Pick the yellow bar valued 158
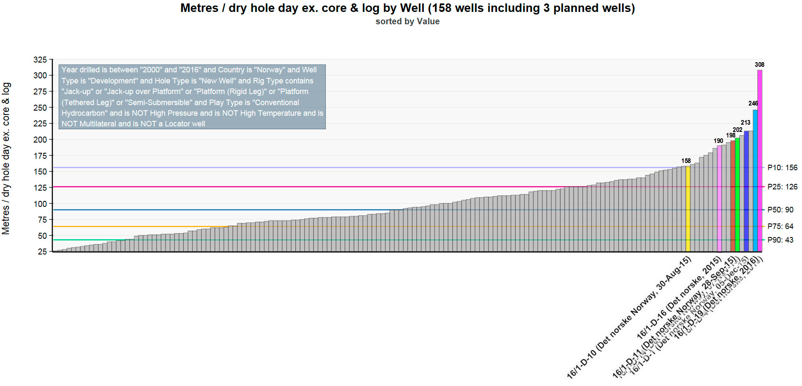pos(688,209)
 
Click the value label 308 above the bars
pos(759,65)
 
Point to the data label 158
pos(686,161)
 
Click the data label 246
pos(753,103)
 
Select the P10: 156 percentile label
pos(782,168)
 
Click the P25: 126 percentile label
pos(782,187)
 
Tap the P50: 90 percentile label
pos(780,210)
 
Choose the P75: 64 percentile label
pos(780,226)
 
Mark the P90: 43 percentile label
pos(780,240)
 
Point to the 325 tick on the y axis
pos(40,60)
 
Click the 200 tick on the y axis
pos(40,140)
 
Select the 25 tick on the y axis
pos(43,252)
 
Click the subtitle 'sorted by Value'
pos(407,21)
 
